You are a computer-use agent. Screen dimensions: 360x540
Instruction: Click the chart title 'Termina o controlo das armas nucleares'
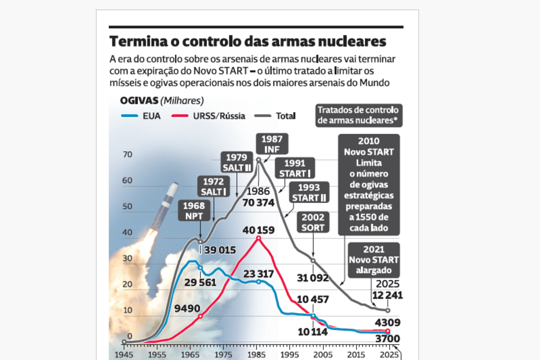(x=247, y=42)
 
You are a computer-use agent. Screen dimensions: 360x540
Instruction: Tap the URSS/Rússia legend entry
(x=209, y=116)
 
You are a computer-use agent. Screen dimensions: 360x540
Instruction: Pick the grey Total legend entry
(x=278, y=116)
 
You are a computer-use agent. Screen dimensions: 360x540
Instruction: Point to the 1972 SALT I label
(x=213, y=187)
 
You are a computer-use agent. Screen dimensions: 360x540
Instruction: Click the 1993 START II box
(x=309, y=192)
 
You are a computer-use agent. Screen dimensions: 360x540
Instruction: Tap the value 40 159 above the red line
(x=258, y=230)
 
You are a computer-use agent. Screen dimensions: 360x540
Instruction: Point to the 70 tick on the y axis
(x=127, y=155)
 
